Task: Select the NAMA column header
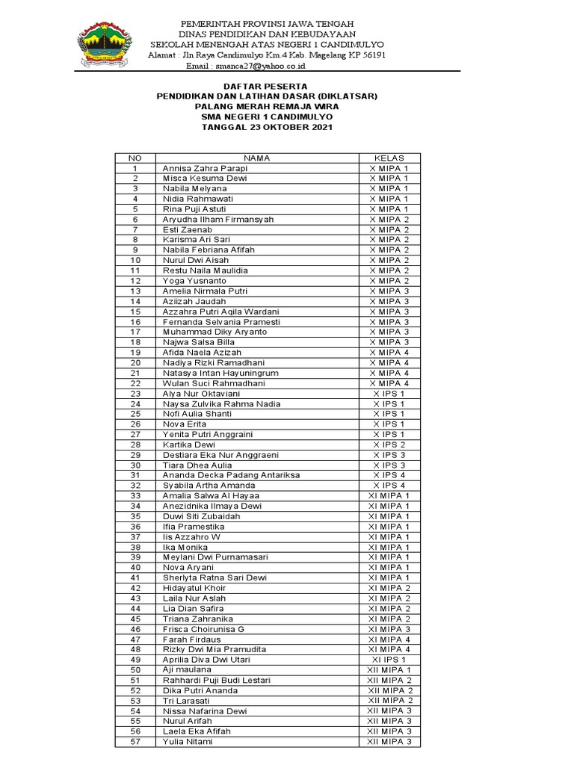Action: (256, 158)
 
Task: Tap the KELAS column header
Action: (389, 158)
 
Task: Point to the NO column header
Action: (135, 158)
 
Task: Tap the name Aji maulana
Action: (187, 669)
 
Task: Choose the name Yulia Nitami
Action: (188, 741)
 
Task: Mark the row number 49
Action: (135, 660)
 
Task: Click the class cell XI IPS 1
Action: (389, 660)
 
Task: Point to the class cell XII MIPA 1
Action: (389, 670)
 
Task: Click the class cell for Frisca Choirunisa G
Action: (389, 629)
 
